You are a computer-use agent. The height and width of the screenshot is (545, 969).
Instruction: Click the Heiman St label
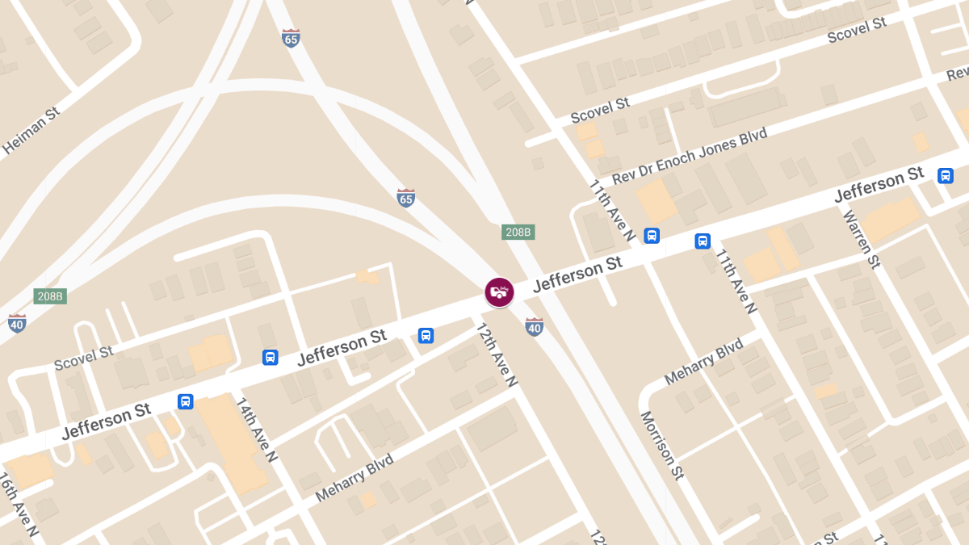click(x=31, y=129)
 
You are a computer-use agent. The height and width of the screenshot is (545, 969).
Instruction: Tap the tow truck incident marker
click(x=499, y=291)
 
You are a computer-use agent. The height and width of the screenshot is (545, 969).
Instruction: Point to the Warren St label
click(x=860, y=239)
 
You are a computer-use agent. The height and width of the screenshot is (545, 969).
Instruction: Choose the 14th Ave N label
click(x=257, y=429)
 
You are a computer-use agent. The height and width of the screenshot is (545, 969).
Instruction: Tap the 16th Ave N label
click(x=19, y=505)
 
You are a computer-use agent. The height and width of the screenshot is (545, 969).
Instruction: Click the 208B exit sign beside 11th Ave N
click(x=518, y=232)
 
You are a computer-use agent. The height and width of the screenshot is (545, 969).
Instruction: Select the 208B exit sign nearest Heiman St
click(x=50, y=296)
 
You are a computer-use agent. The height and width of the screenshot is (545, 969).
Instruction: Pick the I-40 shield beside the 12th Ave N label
click(x=534, y=326)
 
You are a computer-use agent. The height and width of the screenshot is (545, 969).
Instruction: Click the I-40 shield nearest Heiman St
click(x=17, y=323)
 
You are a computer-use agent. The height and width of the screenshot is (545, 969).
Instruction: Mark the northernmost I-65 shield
click(x=291, y=37)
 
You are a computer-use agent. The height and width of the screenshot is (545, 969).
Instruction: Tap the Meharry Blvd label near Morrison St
click(x=703, y=362)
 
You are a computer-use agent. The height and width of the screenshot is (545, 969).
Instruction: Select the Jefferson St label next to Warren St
click(x=879, y=184)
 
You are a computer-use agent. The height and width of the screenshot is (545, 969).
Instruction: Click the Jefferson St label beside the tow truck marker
click(x=577, y=273)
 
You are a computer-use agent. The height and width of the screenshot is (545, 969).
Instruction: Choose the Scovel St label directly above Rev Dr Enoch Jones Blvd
click(x=600, y=110)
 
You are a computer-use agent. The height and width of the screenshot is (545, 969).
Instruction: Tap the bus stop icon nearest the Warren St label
click(x=945, y=175)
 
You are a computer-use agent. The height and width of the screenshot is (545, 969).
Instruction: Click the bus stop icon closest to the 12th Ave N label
click(x=426, y=335)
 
